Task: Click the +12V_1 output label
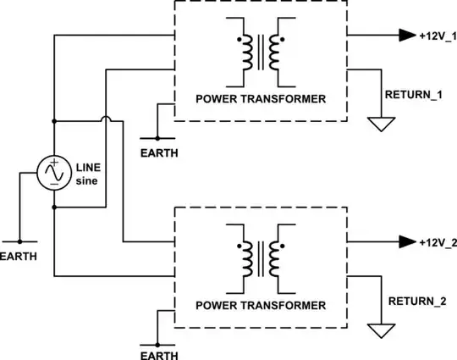tap(438, 36)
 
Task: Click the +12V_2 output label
tap(438, 242)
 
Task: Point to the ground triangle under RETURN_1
tap(381, 125)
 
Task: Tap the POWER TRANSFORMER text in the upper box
tap(261, 99)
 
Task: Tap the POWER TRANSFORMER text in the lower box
tap(261, 305)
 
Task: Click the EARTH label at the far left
tap(19, 255)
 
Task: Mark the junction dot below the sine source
tap(55, 206)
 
